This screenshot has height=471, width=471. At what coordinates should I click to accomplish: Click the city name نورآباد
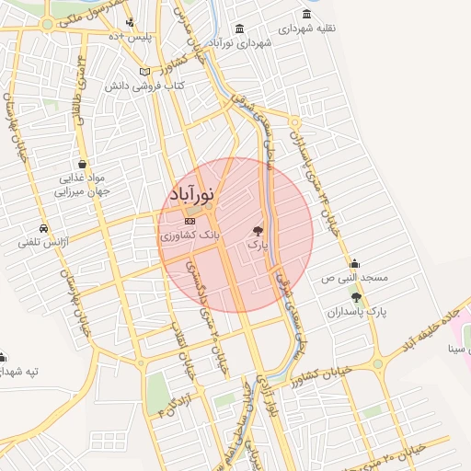[x=192, y=196]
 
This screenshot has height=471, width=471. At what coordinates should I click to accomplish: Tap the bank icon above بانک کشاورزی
[x=190, y=222]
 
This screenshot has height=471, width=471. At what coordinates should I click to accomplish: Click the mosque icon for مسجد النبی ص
[x=354, y=263]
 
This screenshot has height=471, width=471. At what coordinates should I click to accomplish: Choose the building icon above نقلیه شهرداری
[x=305, y=15]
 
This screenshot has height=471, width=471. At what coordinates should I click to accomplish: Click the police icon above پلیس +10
[x=130, y=21]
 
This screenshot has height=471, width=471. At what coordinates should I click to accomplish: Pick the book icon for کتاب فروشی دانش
[x=144, y=72]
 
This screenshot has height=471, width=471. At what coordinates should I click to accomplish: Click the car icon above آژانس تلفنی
[x=43, y=228]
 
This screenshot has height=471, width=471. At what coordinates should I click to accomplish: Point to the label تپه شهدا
[x=19, y=371]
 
